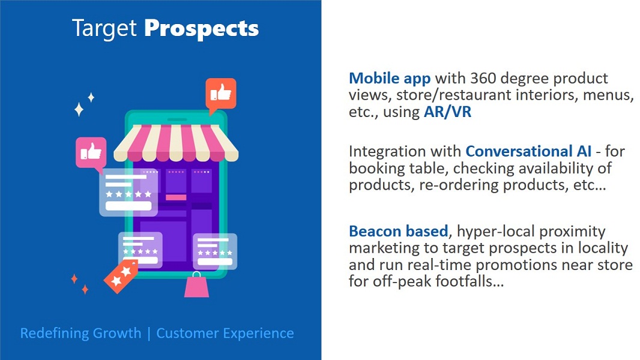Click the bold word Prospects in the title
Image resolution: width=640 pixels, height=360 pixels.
coord(201,29)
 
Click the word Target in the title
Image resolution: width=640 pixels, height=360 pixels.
coord(104,29)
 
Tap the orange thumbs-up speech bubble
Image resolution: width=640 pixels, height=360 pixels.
coord(220,95)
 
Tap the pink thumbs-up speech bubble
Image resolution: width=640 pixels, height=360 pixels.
coord(91,154)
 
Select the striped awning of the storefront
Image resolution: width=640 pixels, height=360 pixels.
coord(176,143)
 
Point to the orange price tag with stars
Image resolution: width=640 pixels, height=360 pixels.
coord(121,275)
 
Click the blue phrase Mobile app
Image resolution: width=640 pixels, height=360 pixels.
coord(390,78)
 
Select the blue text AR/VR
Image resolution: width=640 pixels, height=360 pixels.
coord(447,112)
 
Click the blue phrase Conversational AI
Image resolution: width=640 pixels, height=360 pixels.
coord(528,151)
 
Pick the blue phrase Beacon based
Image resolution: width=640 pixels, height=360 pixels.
coord(399,231)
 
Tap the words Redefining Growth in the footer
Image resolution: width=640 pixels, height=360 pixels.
coord(81,333)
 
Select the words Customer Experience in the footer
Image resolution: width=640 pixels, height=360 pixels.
coord(225,333)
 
